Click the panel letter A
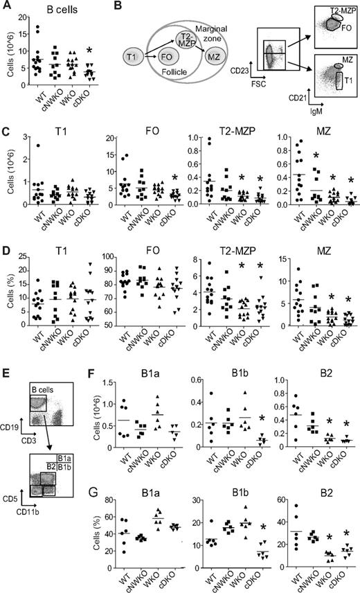coord(6,7)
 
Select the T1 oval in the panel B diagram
coord(130,53)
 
